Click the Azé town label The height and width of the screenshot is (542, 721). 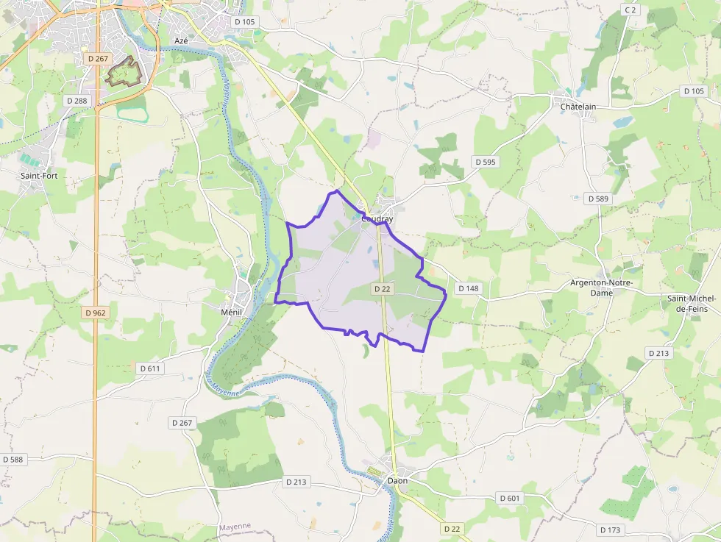tap(181, 40)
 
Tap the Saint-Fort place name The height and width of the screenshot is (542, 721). tap(40, 176)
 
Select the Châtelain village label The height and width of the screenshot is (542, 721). tap(578, 107)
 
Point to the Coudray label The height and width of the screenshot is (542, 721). tap(377, 219)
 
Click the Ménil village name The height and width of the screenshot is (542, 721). tap(232, 312)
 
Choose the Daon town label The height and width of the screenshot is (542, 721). tap(397, 481)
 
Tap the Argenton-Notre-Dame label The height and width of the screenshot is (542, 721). tap(602, 288)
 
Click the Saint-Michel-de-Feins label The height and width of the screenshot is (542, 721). tap(692, 304)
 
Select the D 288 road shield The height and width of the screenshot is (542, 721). tap(77, 100)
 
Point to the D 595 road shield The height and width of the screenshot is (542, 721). tap(486, 162)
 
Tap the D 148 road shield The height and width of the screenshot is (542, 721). tap(469, 288)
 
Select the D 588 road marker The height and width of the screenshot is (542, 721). tap(13, 460)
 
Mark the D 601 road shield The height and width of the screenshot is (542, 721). tap(510, 499)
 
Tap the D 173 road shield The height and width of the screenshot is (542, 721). tap(611, 529)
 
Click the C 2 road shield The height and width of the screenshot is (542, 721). tap(630, 10)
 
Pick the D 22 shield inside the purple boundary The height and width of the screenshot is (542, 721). tap(382, 289)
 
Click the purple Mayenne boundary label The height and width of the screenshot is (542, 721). tap(235, 526)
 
